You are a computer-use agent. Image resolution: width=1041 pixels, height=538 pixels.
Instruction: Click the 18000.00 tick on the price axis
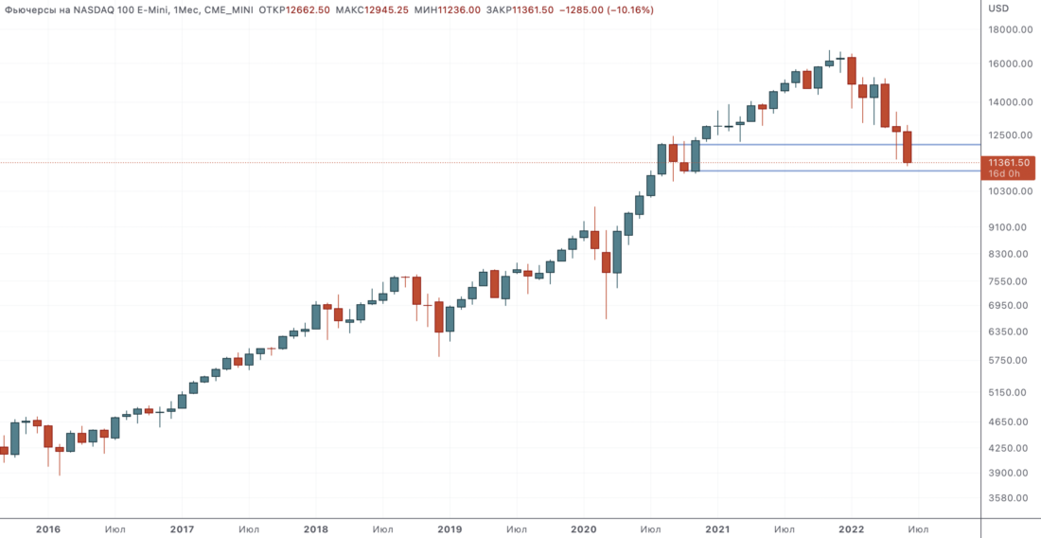pyautogui.click(x=1010, y=29)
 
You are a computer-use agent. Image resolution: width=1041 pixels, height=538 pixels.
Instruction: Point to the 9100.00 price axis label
pyautogui.click(x=1010, y=227)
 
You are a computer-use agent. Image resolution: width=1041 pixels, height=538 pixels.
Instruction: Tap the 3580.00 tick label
pyautogui.click(x=1010, y=498)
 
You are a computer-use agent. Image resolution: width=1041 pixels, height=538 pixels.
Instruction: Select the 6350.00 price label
pyautogui.click(x=1010, y=332)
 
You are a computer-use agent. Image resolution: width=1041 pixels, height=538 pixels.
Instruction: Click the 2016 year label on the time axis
pyautogui.click(x=48, y=529)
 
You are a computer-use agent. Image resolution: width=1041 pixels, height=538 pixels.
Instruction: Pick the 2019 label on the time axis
pyautogui.click(x=450, y=529)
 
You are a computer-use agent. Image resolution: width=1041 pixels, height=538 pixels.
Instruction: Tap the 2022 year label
pyautogui.click(x=852, y=529)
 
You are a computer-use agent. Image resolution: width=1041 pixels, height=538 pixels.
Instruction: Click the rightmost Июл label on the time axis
pyautogui.click(x=917, y=529)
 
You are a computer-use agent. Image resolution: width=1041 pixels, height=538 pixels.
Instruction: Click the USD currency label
pyautogui.click(x=998, y=9)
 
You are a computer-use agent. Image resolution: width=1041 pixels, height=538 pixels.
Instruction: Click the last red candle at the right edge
pyautogui.click(x=908, y=148)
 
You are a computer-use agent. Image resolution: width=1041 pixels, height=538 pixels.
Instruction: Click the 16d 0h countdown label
pyautogui.click(x=1003, y=173)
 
